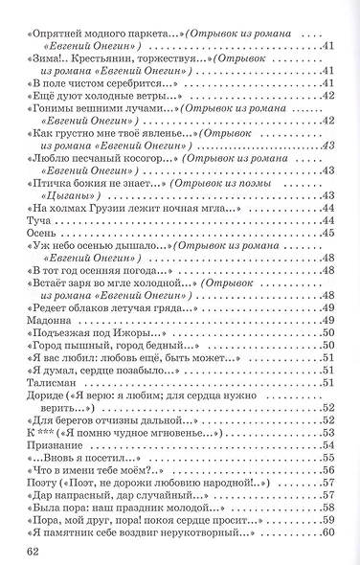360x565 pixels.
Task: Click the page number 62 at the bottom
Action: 34,550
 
